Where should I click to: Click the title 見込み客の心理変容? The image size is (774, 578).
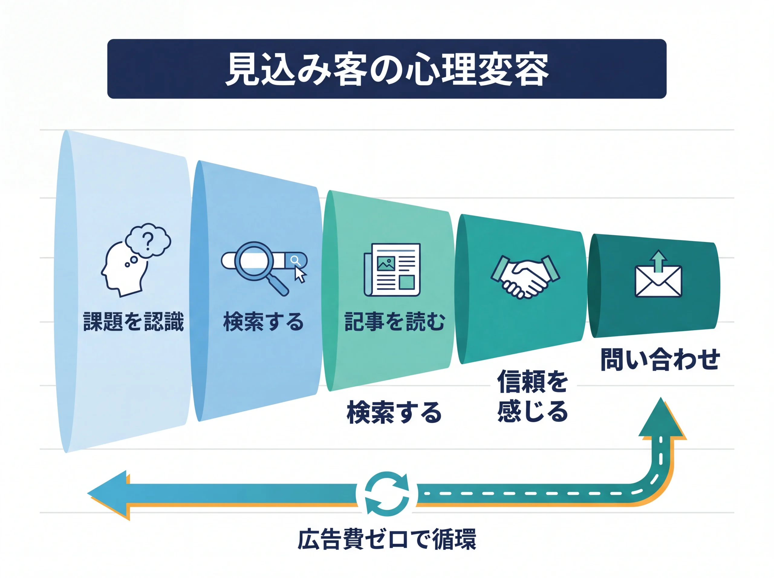pyautogui.click(x=386, y=69)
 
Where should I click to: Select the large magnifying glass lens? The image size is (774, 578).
pyautogui.click(x=254, y=261)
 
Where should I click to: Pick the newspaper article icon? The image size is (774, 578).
pyautogui.click(x=392, y=270)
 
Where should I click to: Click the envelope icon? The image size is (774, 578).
pyautogui.click(x=658, y=282)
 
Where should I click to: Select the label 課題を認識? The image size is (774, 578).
pyautogui.click(x=134, y=322)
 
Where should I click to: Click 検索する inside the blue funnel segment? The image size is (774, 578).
pyautogui.click(x=263, y=322)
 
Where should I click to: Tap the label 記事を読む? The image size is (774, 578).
pyautogui.click(x=395, y=322)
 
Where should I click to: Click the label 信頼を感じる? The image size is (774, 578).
pyautogui.click(x=532, y=397)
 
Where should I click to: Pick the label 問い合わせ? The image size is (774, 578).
pyautogui.click(x=660, y=359)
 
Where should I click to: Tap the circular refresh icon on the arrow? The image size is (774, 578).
pyautogui.click(x=387, y=494)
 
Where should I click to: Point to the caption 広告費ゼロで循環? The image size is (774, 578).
pyautogui.click(x=387, y=539)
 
